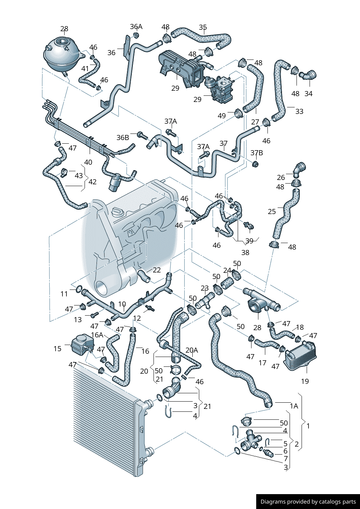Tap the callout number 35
[x=203, y=27]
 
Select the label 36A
[x=136, y=26]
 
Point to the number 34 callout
[x=308, y=93]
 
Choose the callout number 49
[x=222, y=116]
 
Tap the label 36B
[x=123, y=137]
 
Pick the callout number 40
[x=88, y=162]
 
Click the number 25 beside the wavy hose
[x=272, y=212]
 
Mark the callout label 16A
[x=97, y=335]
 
